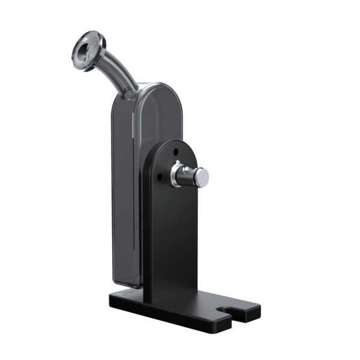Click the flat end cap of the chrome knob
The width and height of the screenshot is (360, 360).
point(203,177)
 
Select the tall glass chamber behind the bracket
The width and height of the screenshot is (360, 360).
point(126,180)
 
